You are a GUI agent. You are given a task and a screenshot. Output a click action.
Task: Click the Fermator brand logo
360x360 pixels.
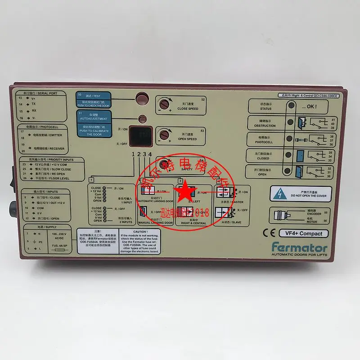299,247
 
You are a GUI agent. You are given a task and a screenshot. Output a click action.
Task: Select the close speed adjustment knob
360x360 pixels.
165,104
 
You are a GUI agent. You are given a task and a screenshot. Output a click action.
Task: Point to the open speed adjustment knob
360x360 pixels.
165,135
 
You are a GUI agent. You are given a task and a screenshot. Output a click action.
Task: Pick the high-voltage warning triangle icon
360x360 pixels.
279,193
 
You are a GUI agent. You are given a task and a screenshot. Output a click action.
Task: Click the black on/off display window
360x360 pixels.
140,134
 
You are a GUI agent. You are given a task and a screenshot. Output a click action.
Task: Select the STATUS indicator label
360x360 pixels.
265,107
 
